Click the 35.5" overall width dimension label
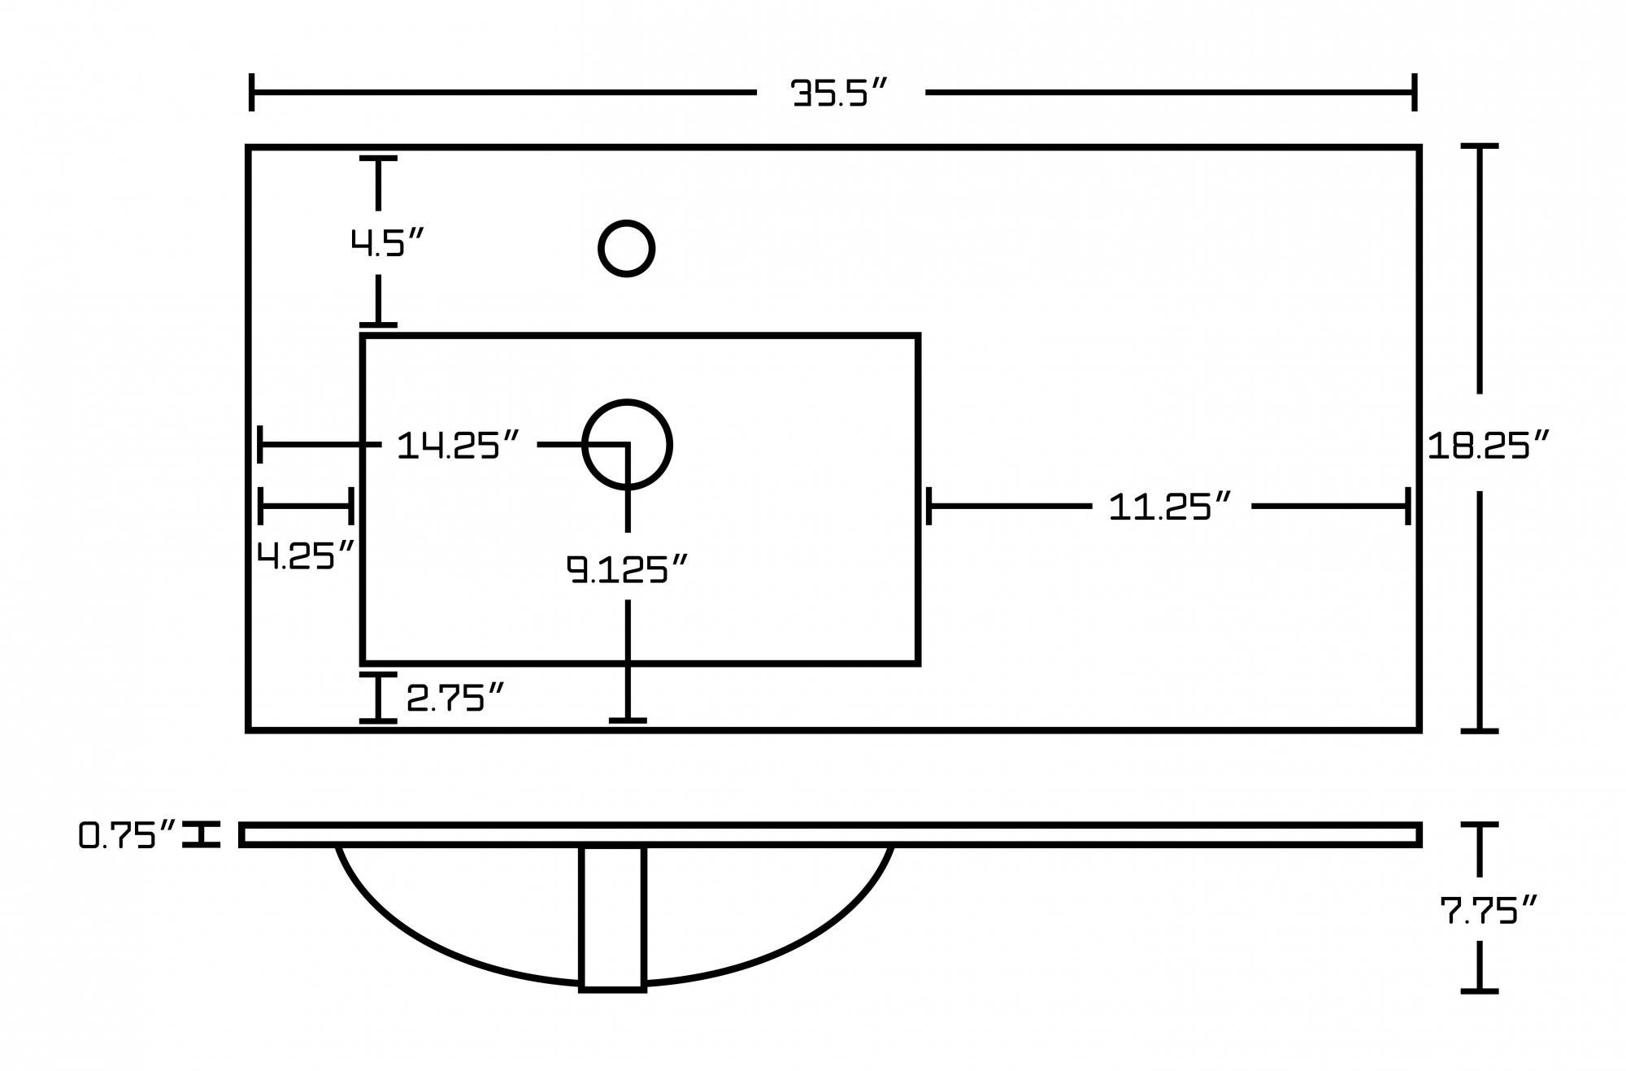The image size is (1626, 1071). tap(840, 93)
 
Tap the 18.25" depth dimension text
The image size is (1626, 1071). tap(1488, 446)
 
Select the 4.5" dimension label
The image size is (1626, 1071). tap(387, 242)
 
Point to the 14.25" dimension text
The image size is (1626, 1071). tap(458, 446)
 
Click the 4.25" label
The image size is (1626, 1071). tap(306, 556)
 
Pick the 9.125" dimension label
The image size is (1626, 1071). tap(628, 569)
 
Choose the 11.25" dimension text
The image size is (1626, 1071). tap(1170, 507)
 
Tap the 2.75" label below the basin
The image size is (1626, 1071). tap(455, 698)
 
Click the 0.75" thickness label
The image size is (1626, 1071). tap(128, 835)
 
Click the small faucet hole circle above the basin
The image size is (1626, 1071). tap(626, 248)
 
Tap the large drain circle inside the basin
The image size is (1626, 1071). tap(627, 445)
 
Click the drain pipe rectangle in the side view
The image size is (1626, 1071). tap(612, 919)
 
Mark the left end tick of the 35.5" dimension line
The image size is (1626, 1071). tap(252, 92)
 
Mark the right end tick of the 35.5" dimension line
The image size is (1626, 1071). tap(1415, 92)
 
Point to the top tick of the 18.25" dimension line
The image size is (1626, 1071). tap(1479, 146)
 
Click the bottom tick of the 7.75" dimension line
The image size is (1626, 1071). tap(1479, 990)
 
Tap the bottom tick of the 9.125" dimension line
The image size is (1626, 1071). tap(628, 720)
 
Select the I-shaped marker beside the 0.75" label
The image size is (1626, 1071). tap(201, 834)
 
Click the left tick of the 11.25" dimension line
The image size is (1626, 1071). tap(928, 507)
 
